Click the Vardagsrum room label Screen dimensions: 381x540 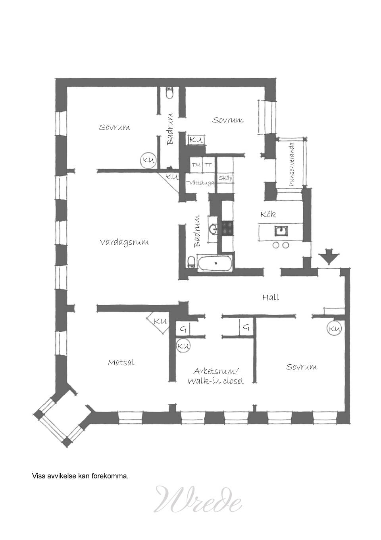point(124,242)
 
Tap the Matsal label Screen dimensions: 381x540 point(121,362)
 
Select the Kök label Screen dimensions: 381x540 point(268,214)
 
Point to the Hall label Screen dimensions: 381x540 point(271,297)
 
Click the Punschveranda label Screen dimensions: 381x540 point(292,165)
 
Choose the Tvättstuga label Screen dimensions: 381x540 point(200,183)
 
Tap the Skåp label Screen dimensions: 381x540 point(225,178)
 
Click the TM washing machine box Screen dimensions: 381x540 point(196,165)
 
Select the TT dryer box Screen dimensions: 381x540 point(209,165)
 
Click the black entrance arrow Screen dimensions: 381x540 point(329,258)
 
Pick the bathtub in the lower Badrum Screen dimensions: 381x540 point(216,263)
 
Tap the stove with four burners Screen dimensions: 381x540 point(227,228)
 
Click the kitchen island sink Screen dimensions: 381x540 point(281,231)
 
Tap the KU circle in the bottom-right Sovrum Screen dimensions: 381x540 point(334,328)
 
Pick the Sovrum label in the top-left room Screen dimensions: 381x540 point(114,127)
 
